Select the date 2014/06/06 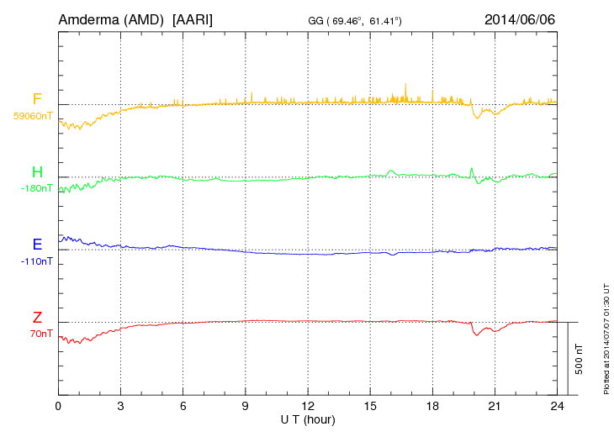point(520,18)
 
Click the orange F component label point(37,100)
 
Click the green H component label point(37,172)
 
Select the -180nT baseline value point(36,188)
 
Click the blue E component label point(37,245)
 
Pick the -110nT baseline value point(36,261)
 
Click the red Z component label point(37,318)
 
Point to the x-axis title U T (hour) point(308,419)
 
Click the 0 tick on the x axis point(58,406)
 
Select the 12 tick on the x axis point(308,406)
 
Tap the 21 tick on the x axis point(495,406)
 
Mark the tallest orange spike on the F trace point(405,84)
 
